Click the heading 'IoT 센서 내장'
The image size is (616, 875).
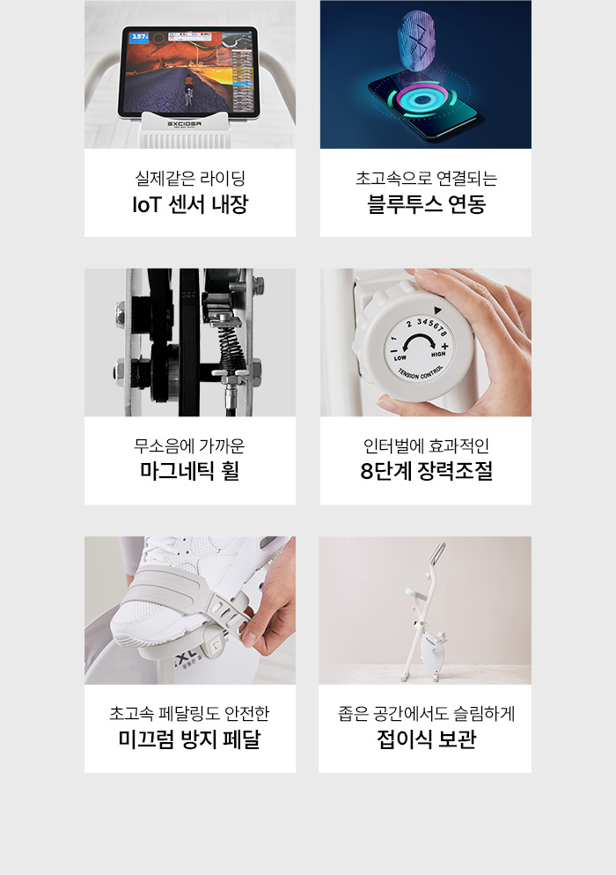pos(190,204)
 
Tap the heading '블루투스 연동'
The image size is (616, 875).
pos(426,204)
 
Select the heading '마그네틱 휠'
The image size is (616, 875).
pos(190,471)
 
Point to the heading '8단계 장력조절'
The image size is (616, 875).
pos(426,471)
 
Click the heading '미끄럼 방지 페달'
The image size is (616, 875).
pos(190,739)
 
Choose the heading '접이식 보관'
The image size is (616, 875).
pos(426,739)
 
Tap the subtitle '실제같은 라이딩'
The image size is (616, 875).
pos(190,179)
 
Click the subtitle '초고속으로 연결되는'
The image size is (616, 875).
pos(426,179)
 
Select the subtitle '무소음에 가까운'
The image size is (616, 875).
pos(190,446)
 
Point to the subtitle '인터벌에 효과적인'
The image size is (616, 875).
pos(426,446)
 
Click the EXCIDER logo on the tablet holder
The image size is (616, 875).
pos(185,123)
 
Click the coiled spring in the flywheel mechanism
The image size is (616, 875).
pos(228,347)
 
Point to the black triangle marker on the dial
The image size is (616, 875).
pos(437,310)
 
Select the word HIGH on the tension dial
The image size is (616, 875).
pos(438,354)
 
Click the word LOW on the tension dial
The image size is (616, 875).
pos(400,357)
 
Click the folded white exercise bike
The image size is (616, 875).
pos(426,613)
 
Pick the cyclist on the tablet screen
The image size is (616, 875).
pos(188,89)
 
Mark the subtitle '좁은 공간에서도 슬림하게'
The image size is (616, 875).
pos(426,714)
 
